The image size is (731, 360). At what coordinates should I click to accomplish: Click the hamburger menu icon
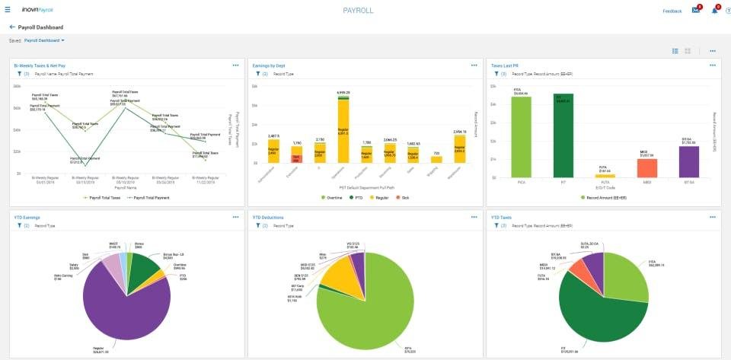[x=8, y=11]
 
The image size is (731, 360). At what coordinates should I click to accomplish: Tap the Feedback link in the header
[x=672, y=11]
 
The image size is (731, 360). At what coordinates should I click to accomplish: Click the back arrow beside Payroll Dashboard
[x=12, y=27]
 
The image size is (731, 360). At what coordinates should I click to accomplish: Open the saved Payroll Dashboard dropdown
[x=44, y=40]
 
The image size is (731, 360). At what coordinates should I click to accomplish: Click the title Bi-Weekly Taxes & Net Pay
[x=40, y=65]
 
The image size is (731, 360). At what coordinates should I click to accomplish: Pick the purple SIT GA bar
[x=688, y=161]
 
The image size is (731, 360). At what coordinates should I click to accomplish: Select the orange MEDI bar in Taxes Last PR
[x=646, y=167]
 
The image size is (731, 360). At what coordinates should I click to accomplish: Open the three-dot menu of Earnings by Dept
[x=474, y=65]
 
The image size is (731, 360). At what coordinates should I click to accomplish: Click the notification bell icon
[x=714, y=11]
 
